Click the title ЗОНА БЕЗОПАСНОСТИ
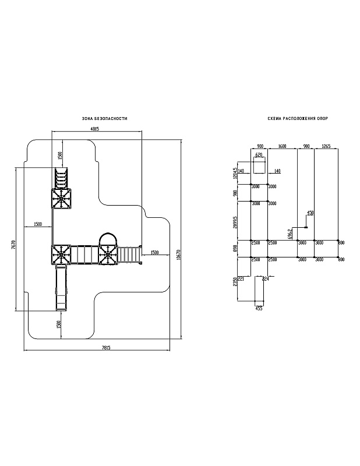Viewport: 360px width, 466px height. (105, 118)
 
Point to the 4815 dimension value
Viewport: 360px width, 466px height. (95, 129)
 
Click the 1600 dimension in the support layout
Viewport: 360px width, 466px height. (282, 146)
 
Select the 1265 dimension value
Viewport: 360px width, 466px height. (327, 146)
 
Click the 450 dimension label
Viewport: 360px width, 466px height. (310, 213)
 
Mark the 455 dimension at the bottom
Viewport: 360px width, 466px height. (259, 308)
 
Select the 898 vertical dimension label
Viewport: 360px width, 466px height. (234, 249)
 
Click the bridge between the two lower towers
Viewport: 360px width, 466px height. (85, 255)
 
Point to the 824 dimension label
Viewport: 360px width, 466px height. (266, 279)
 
